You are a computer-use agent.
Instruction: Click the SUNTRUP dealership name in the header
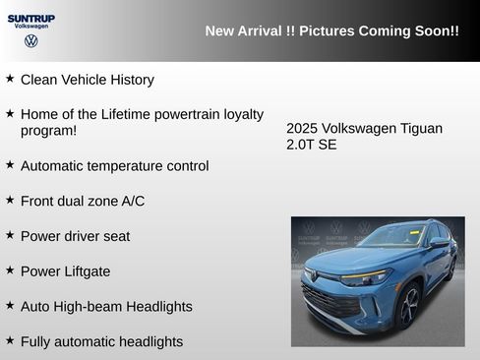pos(31,18)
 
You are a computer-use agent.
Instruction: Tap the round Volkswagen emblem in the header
pos(31,41)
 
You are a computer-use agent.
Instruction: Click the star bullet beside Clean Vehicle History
pos(10,78)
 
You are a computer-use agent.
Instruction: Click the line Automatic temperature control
pos(114,166)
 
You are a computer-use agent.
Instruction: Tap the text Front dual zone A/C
pos(83,201)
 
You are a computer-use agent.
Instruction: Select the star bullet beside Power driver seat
pos(10,235)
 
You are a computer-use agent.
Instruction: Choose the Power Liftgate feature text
pos(65,271)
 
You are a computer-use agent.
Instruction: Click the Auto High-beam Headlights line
pos(106,307)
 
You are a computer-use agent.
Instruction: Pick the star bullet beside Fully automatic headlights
pos(10,340)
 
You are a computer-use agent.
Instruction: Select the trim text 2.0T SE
pos(312,146)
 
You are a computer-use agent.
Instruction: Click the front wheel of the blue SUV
pos(408,306)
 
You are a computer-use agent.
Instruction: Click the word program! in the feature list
pos(48,130)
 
